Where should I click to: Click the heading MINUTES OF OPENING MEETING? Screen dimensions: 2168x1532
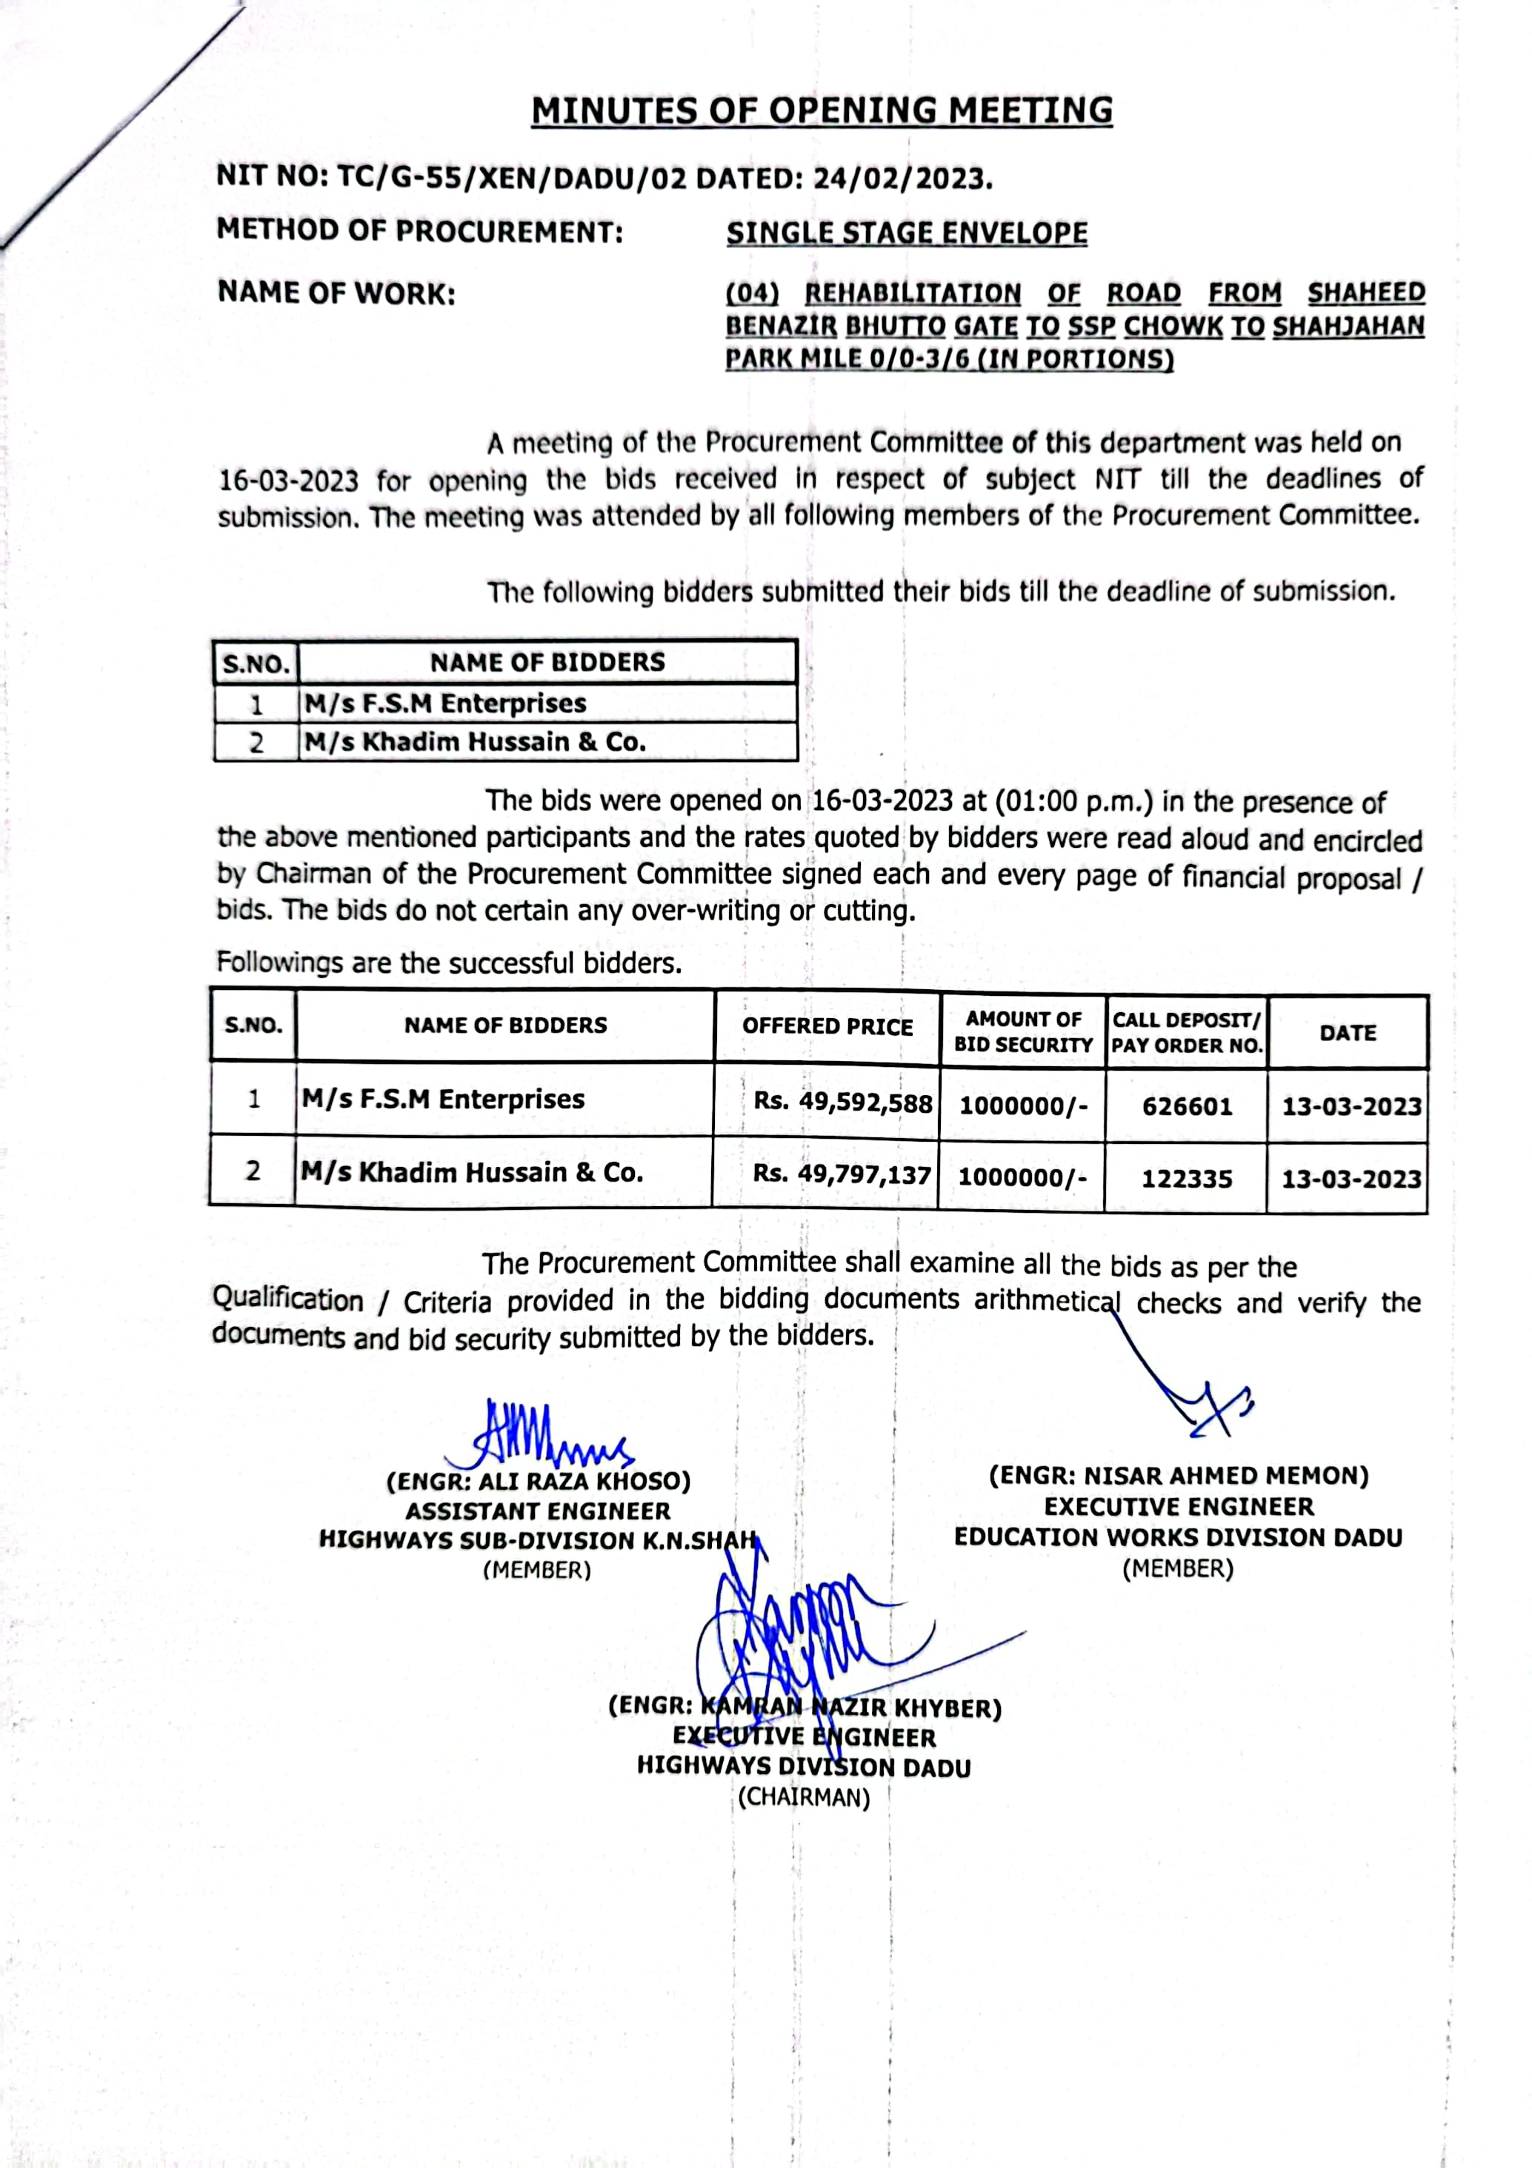[822, 111]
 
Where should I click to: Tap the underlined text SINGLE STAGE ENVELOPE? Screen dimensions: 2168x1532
[907, 233]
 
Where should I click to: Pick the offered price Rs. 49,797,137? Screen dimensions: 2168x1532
[842, 1174]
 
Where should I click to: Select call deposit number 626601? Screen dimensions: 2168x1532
[1188, 1105]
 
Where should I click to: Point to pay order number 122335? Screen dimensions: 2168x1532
[1188, 1179]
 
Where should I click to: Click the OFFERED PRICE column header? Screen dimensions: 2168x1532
[827, 1026]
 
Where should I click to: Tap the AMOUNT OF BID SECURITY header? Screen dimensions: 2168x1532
[1023, 1031]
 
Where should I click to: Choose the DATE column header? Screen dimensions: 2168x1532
[1348, 1033]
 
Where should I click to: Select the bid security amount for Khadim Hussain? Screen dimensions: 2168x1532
[1022, 1177]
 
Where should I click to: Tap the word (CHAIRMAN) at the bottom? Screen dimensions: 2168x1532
[804, 1797]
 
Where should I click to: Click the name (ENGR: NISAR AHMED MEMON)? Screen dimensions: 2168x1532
[1179, 1476]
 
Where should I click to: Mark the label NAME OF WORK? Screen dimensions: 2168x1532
[336, 294]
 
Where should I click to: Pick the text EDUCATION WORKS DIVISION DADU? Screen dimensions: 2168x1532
[1178, 1537]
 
